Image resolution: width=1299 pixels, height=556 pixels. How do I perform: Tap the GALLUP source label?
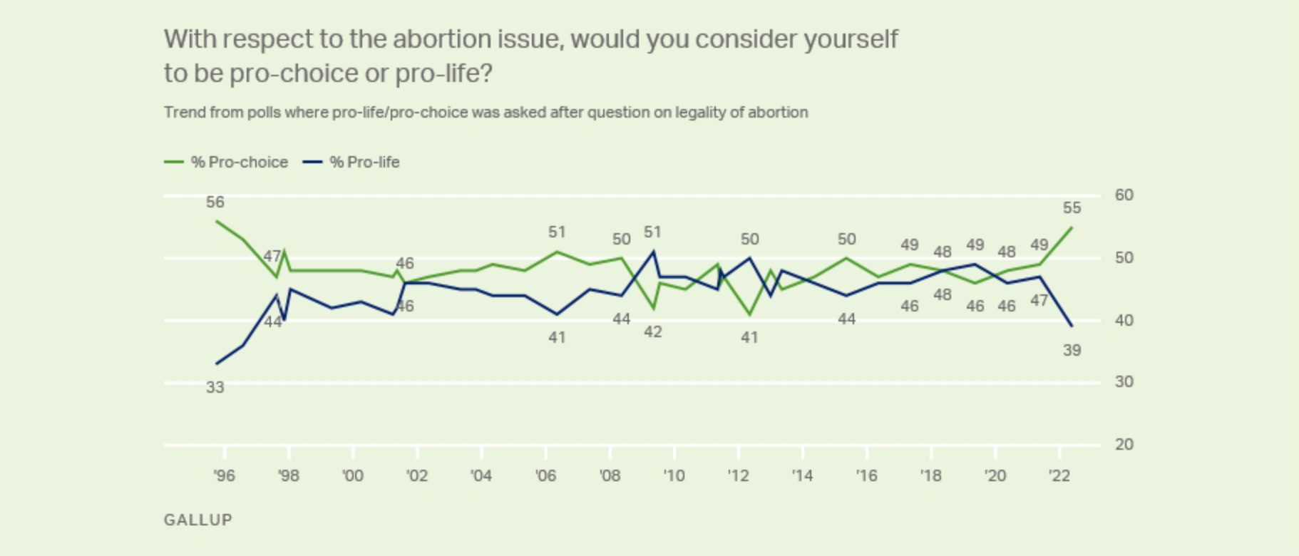point(198,520)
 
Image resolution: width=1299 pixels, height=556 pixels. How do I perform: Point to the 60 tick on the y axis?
point(1124,195)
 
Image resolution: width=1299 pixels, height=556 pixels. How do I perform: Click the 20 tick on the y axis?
point(1124,445)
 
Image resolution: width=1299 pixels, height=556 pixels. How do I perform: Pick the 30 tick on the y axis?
point(1124,382)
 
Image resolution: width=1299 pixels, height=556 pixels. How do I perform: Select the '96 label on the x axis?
point(224,475)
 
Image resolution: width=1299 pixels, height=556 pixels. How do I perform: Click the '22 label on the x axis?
point(1059,475)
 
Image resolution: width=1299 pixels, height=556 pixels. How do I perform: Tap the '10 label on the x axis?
point(674,475)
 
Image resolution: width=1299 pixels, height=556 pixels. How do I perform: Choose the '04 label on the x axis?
point(481,475)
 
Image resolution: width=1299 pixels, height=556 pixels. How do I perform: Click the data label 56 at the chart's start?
point(215,202)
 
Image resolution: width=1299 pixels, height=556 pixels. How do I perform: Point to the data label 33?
point(215,388)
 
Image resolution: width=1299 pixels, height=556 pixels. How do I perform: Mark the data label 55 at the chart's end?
point(1072,208)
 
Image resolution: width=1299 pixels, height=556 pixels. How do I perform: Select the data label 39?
point(1072,351)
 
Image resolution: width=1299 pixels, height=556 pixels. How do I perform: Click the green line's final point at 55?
point(1072,227)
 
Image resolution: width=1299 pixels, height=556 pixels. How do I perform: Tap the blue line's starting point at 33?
point(217,364)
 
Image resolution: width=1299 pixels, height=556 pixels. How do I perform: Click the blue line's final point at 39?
point(1072,326)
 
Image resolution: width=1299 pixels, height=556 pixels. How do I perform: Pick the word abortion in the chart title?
point(441,39)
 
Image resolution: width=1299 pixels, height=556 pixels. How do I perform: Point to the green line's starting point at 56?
point(217,221)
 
